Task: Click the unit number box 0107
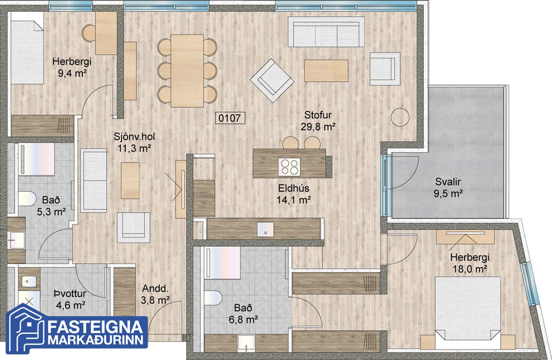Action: point(231,118)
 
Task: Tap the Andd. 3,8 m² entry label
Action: point(156,294)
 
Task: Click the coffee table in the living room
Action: point(326,70)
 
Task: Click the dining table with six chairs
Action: point(187,70)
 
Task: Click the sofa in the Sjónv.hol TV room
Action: point(93,181)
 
